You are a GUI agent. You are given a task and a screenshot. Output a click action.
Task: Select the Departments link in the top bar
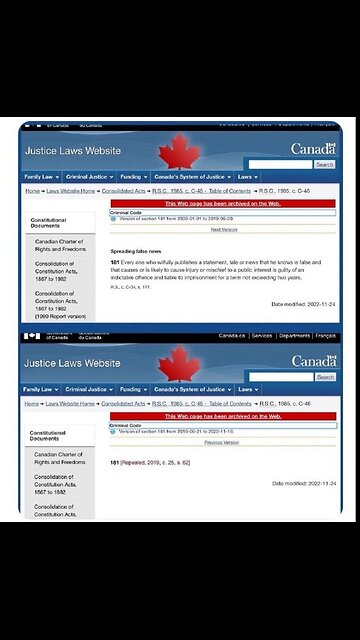tap(293, 336)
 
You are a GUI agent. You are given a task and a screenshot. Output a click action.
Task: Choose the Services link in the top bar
tap(262, 336)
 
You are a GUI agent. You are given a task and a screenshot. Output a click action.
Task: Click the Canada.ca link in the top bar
tap(232, 336)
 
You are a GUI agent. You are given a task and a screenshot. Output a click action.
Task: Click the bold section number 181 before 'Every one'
tap(115, 262)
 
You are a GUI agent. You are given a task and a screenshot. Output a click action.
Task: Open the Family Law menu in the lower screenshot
tap(39, 389)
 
